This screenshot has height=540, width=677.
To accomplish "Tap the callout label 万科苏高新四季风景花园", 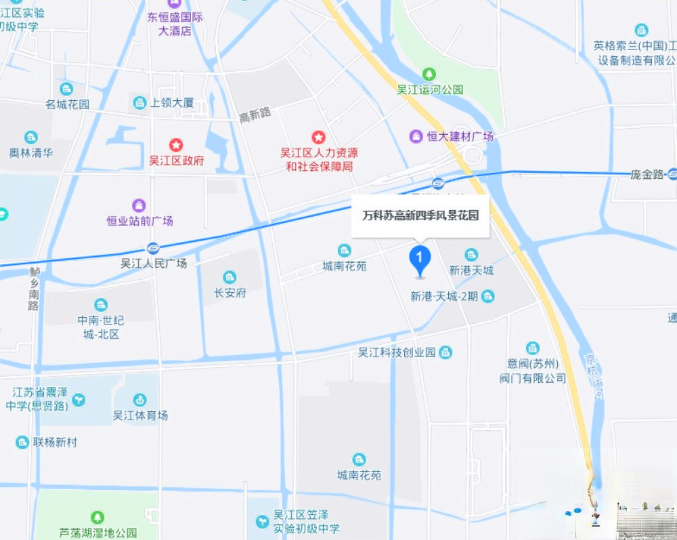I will pyautogui.click(x=420, y=216).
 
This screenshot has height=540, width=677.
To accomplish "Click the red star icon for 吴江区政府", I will pyautogui.click(x=176, y=145).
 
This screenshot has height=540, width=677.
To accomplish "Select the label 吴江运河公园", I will pyautogui.click(x=430, y=89).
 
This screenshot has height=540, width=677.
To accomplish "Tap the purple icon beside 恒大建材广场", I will pyautogui.click(x=416, y=136).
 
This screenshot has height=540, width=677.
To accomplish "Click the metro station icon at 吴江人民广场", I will pyautogui.click(x=153, y=248).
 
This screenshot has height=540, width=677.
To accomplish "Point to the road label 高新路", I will pyautogui.click(x=255, y=115).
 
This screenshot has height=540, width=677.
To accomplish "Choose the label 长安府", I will pyautogui.click(x=230, y=293).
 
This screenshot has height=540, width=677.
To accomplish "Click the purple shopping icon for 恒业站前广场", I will pyautogui.click(x=139, y=205).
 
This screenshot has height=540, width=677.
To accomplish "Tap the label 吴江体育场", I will pyautogui.click(x=140, y=415).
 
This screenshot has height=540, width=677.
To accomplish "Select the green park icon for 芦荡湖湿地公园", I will pyautogui.click(x=98, y=518).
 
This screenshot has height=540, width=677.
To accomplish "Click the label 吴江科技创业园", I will pyautogui.click(x=397, y=352).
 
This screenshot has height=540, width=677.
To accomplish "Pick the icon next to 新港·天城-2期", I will pyautogui.click(x=487, y=296).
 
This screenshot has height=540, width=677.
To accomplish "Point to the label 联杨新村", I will pyautogui.click(x=56, y=442).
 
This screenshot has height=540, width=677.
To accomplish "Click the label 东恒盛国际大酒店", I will pyautogui.click(x=175, y=24).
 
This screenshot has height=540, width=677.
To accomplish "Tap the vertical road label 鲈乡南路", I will pyautogui.click(x=34, y=289).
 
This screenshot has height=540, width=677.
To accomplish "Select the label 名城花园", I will pyautogui.click(x=68, y=104).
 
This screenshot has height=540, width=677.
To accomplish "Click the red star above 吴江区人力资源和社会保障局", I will pyautogui.click(x=318, y=138).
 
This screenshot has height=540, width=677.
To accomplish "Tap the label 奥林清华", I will pyautogui.click(x=31, y=152).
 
